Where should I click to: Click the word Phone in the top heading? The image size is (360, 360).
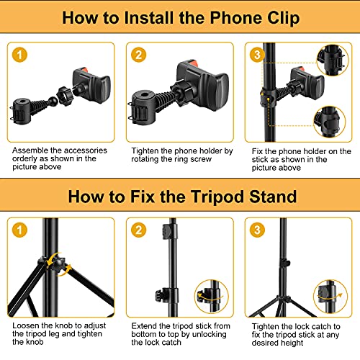[x=217, y=19]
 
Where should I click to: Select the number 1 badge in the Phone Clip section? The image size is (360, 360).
[x=22, y=55]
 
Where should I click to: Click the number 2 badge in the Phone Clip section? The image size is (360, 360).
[x=140, y=55]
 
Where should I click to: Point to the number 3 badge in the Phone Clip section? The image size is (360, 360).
[x=257, y=55]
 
